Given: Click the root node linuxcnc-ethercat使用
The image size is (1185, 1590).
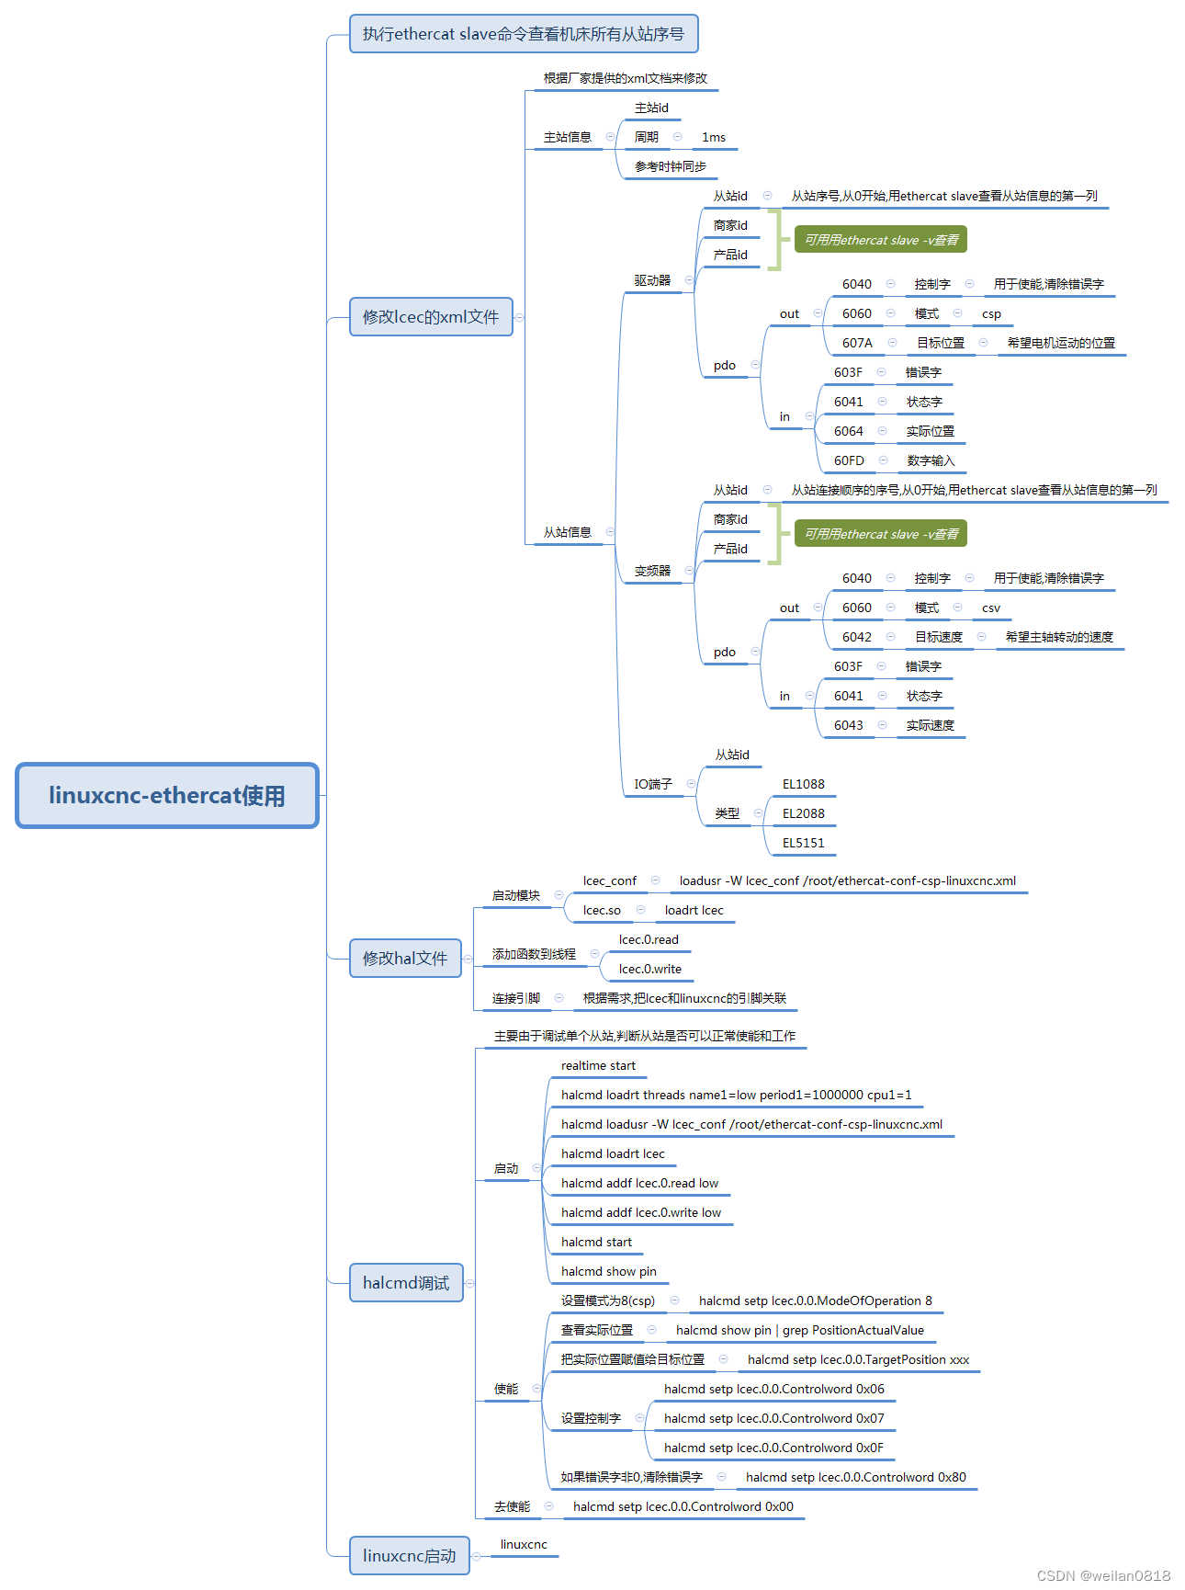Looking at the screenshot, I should (167, 796).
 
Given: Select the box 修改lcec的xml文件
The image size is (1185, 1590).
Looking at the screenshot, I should (431, 317).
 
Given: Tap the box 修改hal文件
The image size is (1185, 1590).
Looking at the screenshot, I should (405, 959).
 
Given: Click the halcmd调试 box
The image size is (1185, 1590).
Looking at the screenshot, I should (406, 1283).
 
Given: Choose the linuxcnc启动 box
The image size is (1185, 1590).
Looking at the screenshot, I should (409, 1556).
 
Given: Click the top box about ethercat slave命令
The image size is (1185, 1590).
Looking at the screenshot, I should (524, 34).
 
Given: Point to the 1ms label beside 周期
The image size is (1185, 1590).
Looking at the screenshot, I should (714, 138).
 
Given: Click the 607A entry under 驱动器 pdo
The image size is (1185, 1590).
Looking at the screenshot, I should (857, 343).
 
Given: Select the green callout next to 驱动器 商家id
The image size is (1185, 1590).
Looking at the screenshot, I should (881, 240).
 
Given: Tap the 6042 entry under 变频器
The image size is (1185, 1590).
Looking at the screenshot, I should (857, 637).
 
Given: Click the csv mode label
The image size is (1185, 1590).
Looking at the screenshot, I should (991, 608).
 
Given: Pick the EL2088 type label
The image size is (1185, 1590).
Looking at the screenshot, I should (804, 813).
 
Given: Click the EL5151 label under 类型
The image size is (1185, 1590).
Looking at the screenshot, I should (804, 843).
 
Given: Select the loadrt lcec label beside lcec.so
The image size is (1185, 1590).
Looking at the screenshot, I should (694, 911).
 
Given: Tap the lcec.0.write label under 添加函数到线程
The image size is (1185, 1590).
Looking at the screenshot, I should (650, 970).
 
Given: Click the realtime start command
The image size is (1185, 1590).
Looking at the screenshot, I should (598, 1066).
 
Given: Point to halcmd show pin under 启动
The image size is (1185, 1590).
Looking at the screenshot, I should (609, 1272).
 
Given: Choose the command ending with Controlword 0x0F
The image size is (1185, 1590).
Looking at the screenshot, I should (773, 1448).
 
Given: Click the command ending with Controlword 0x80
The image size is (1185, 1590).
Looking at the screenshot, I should (855, 1478).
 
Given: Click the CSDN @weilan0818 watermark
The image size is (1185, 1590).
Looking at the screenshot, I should (1103, 1575).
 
